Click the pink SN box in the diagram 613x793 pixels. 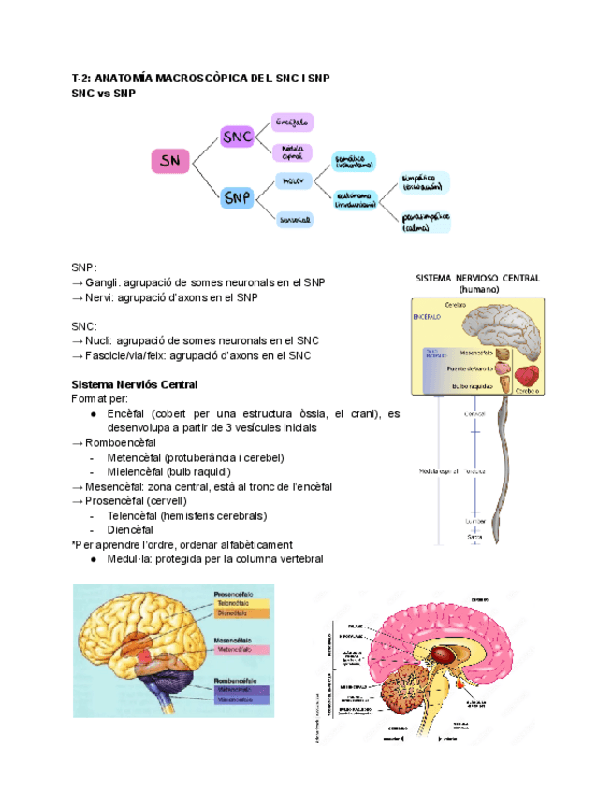pyautogui.click(x=170, y=162)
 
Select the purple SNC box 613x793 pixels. pyautogui.click(x=237, y=137)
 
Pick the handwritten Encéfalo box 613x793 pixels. pyautogui.click(x=293, y=123)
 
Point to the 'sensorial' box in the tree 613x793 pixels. pyautogui.click(x=296, y=220)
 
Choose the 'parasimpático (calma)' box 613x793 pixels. pyautogui.click(x=426, y=222)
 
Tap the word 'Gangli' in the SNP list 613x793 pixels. pyautogui.click(x=100, y=282)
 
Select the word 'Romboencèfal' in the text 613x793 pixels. pyautogui.click(x=121, y=442)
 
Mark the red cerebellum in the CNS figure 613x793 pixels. pyautogui.click(x=529, y=376)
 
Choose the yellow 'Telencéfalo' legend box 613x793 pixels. pyautogui.click(x=242, y=603)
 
